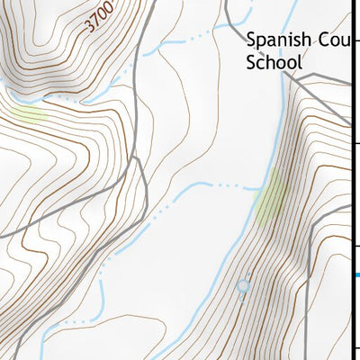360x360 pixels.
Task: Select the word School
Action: pyautogui.click(x=274, y=63)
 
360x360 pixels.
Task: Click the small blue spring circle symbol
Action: pyautogui.click(x=242, y=286)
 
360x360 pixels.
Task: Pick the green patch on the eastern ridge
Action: pyautogui.click(x=271, y=202)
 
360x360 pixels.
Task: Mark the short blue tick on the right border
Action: pyautogui.click(x=356, y=274)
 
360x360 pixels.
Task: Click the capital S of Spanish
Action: pyautogui.click(x=252, y=40)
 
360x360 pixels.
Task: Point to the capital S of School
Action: pyautogui.click(x=252, y=63)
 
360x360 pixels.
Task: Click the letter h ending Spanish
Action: pyautogui.click(x=305, y=40)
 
